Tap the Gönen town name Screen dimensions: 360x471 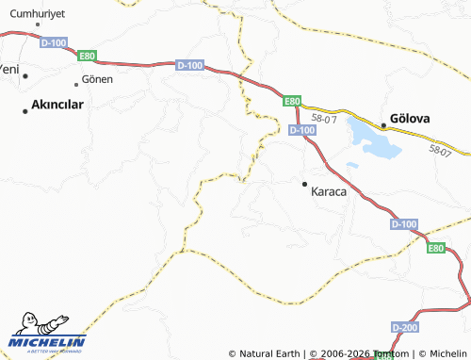click(97, 80)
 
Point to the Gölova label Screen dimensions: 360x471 click(412, 118)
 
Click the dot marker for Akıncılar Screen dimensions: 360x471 click(25, 110)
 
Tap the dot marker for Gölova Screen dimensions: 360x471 click(383, 124)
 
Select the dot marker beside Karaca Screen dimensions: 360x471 click(304, 184)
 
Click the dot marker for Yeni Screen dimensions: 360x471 click(25, 75)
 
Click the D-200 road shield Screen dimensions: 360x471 click(404, 326)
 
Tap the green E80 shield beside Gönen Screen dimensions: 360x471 click(87, 57)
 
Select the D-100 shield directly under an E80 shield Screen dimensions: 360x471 click(301, 129)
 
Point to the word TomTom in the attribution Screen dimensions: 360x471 click(390, 353)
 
